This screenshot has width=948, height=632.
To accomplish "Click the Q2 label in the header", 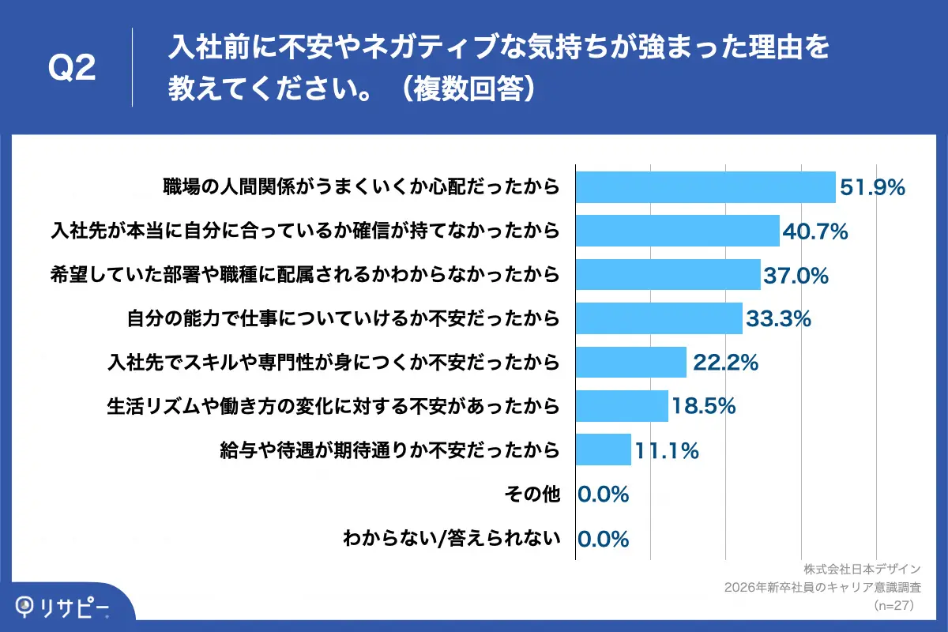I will pyautogui.click(x=72, y=69).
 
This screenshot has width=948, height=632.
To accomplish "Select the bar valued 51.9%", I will pyautogui.click(x=705, y=187).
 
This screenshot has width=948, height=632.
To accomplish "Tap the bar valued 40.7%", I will pyautogui.click(x=678, y=231).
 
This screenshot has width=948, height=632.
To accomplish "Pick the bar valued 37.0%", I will pyautogui.click(x=668, y=275).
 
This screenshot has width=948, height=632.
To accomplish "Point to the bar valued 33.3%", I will pyautogui.click(x=659, y=318).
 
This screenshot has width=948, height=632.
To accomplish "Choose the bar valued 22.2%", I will pyautogui.click(x=631, y=363).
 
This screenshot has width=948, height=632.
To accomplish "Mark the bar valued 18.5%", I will pyautogui.click(x=622, y=406).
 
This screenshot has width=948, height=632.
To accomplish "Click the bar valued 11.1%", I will pyautogui.click(x=604, y=450).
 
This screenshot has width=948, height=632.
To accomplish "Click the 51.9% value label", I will pyautogui.click(x=872, y=187).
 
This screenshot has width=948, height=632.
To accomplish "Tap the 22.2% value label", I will pyautogui.click(x=725, y=363).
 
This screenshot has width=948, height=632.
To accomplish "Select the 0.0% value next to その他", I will pyautogui.click(x=604, y=495).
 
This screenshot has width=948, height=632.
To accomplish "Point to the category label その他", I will pyautogui.click(x=532, y=495).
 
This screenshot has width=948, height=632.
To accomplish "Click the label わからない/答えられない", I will pyautogui.click(x=451, y=539).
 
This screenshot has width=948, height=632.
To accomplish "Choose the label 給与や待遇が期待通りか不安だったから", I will pyautogui.click(x=390, y=450).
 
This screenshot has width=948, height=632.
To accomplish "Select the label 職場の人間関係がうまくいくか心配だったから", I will pyautogui.click(x=361, y=187).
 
